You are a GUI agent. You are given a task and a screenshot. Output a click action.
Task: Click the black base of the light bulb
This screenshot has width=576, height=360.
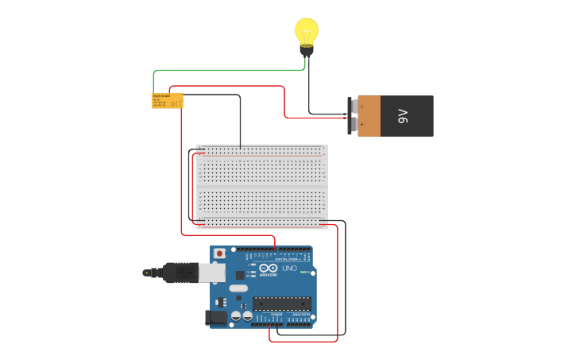[307, 50]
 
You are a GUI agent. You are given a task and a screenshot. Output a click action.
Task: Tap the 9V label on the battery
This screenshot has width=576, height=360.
[403, 116]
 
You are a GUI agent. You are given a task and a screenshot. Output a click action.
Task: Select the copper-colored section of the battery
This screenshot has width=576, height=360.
[369, 116]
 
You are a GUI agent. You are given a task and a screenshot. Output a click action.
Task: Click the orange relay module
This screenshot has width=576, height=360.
[168, 101]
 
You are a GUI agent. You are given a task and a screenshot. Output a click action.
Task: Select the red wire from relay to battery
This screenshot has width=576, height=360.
[284, 99]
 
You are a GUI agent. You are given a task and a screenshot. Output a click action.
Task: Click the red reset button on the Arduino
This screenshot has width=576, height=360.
[219, 254]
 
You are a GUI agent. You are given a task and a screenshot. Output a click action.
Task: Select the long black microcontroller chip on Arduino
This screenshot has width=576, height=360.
[281, 302]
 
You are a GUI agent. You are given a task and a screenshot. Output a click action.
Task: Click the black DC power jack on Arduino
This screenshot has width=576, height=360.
[215, 318]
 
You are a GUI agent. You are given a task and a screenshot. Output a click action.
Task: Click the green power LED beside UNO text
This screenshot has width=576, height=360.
[303, 273]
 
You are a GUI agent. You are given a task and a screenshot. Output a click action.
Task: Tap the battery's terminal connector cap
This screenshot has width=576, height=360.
[351, 116]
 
